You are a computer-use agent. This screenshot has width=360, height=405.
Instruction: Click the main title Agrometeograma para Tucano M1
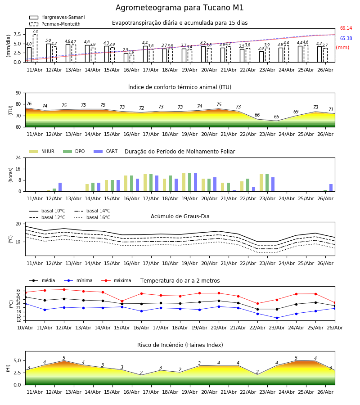(180, 8)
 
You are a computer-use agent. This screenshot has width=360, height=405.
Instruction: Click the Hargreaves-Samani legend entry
(57, 17)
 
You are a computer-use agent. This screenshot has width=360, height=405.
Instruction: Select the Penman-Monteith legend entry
(55, 24)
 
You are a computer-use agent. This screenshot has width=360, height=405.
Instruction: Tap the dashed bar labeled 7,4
(35, 48)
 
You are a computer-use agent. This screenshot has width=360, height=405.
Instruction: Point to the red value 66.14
(346, 28)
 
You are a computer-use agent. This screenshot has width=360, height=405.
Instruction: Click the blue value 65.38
(346, 39)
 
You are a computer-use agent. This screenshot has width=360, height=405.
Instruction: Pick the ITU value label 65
(276, 117)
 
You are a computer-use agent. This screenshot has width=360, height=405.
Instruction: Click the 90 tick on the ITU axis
(18, 93)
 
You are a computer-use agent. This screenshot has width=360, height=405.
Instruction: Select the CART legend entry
(106, 151)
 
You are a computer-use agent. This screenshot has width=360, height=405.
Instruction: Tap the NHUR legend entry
(42, 151)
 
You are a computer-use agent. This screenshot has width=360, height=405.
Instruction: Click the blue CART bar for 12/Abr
(60, 187)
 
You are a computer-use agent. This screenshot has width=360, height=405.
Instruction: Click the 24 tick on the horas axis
(18, 157)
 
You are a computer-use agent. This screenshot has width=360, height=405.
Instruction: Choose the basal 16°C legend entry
(92, 217)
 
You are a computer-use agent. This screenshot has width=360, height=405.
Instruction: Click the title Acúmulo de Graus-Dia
(180, 216)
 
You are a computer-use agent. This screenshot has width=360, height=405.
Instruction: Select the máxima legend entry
(116, 280)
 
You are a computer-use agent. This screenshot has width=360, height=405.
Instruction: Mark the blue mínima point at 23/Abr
(277, 318)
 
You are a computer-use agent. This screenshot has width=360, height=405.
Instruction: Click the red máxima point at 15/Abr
(122, 301)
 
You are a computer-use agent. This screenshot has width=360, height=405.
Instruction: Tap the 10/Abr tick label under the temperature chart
(25, 328)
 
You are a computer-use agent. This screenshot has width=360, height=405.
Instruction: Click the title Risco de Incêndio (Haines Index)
(180, 345)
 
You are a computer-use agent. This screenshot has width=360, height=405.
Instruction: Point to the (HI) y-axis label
(8, 368)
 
